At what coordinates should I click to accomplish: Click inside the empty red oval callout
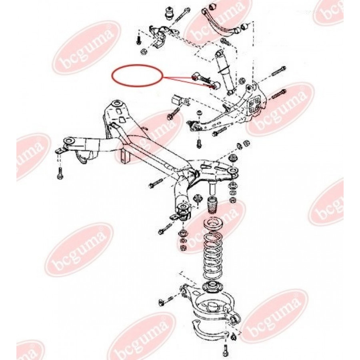[137, 76]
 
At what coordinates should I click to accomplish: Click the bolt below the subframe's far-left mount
[60, 173]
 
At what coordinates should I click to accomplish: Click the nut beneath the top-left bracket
[144, 52]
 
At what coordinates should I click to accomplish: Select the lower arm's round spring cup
[212, 308]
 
